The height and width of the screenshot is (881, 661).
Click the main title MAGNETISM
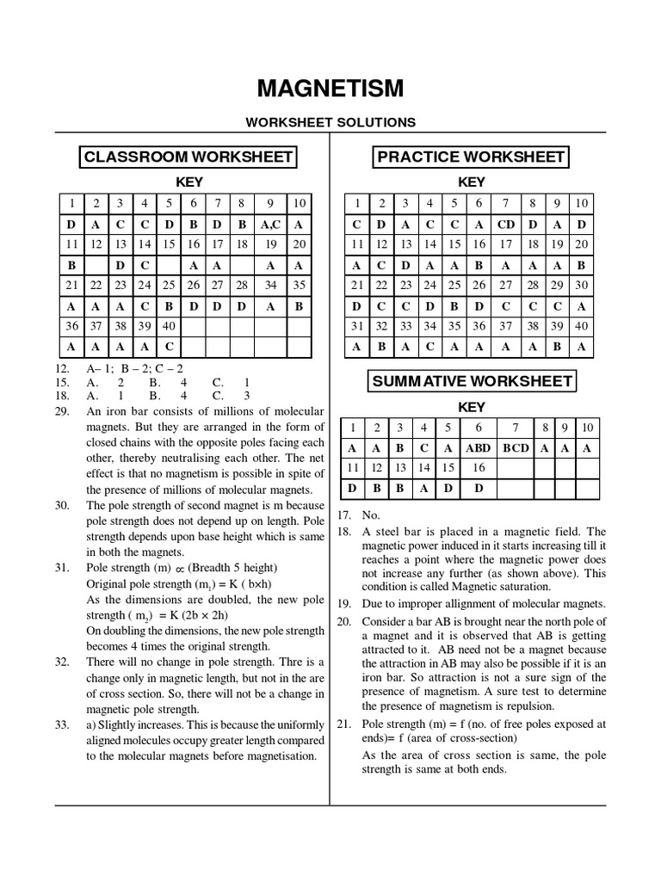(x=330, y=89)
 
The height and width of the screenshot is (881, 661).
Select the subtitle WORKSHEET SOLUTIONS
(x=330, y=122)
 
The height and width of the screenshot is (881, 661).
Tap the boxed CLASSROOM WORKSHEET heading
(x=188, y=157)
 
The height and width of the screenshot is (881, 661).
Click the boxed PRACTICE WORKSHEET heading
(x=471, y=157)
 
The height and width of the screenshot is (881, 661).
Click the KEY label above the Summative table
(x=471, y=407)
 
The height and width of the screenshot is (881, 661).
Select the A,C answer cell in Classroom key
(x=270, y=224)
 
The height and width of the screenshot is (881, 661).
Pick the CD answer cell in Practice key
(x=505, y=224)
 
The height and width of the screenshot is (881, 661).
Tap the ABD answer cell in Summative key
(x=479, y=448)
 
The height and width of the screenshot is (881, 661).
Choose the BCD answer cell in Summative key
(x=516, y=448)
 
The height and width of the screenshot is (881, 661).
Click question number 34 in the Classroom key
(x=270, y=285)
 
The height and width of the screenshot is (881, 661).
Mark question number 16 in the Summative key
(x=479, y=468)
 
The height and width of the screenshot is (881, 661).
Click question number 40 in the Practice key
(x=582, y=326)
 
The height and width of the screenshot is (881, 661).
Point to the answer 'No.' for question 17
(x=371, y=514)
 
